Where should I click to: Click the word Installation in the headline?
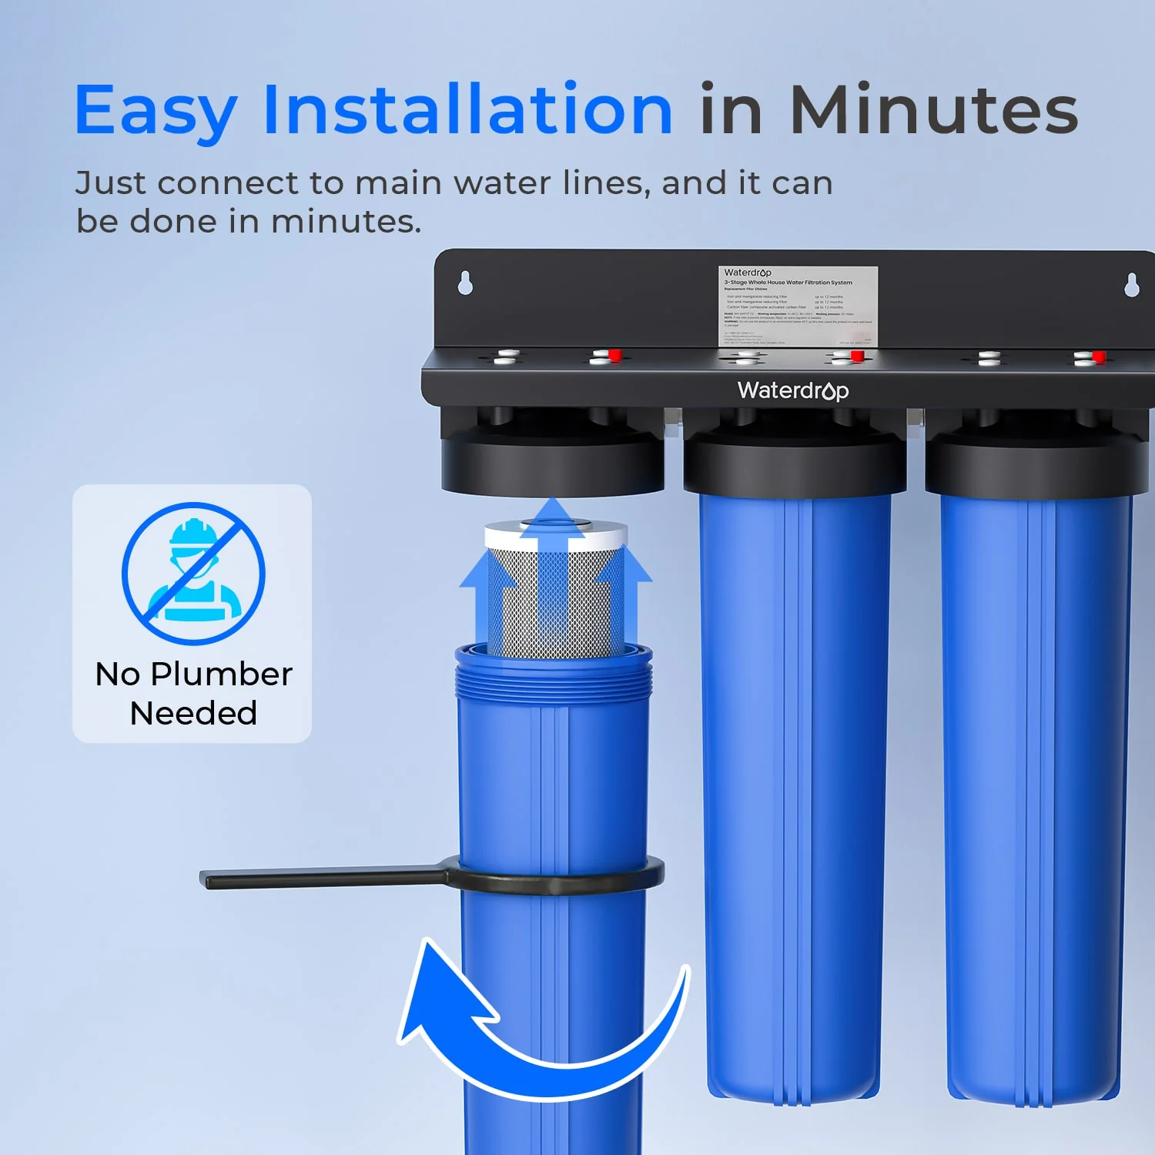point(468,110)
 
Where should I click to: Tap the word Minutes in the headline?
point(933,110)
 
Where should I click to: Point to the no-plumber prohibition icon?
point(193,574)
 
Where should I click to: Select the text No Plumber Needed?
point(193,693)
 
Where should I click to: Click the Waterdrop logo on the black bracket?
point(793,390)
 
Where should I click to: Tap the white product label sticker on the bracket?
point(798,306)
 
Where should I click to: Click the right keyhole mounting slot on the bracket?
point(1131,284)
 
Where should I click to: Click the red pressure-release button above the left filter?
point(614,354)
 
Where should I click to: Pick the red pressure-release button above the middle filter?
point(856,355)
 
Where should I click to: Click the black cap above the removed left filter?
point(553,462)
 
